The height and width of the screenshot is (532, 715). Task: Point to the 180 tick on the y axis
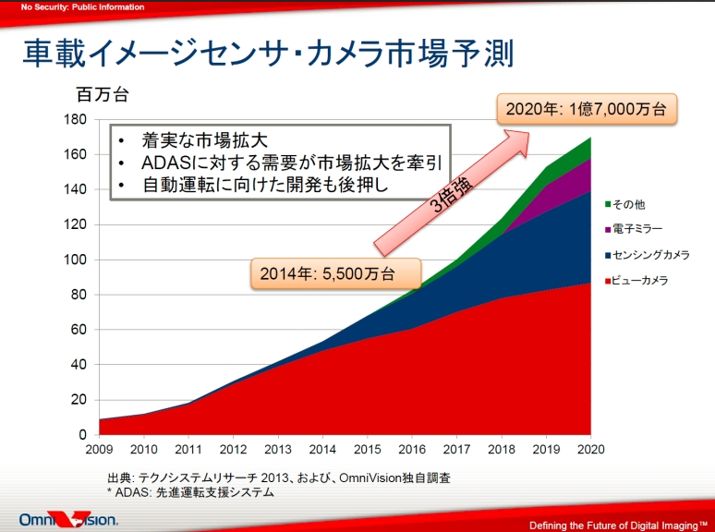[76, 120]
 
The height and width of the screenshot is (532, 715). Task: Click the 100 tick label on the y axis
[76, 260]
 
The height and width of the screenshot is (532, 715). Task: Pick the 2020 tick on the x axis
[589, 450]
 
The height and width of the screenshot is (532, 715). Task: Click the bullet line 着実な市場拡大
[204, 140]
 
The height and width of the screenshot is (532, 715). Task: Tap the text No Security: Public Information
[83, 7]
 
